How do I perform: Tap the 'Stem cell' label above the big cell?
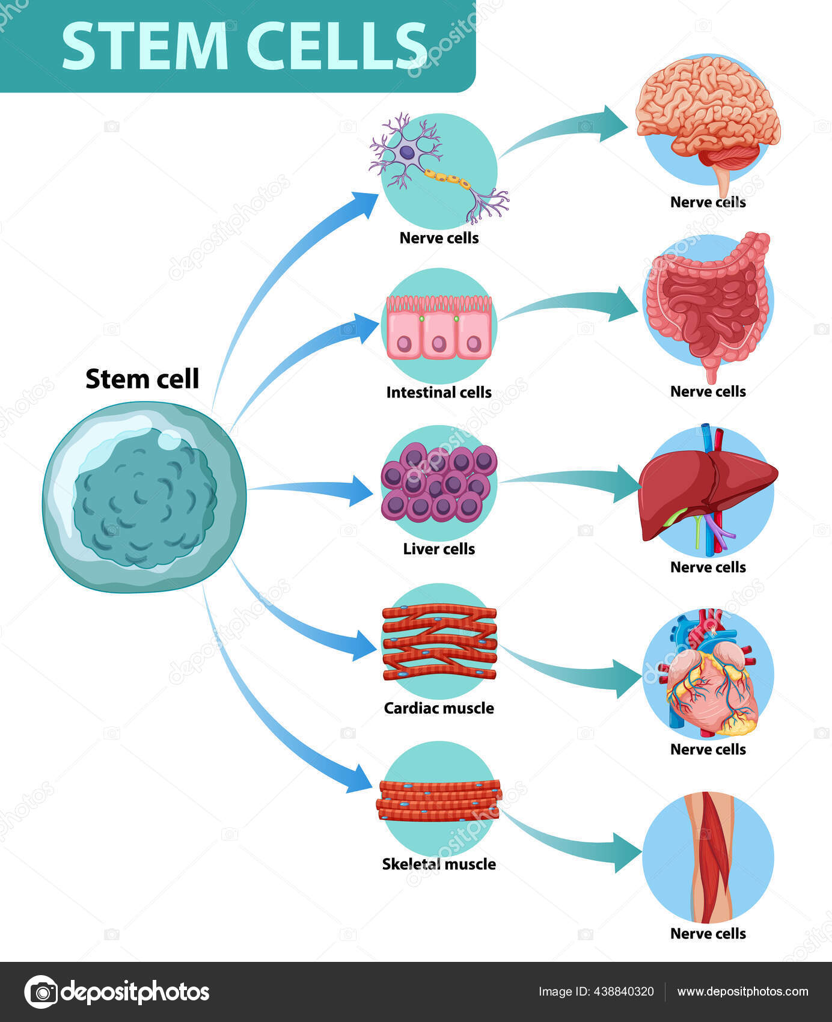[142, 379]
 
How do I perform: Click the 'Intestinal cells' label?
[439, 393]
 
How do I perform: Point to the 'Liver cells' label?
[439, 549]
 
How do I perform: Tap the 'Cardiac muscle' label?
[439, 708]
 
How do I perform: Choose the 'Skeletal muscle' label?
[439, 864]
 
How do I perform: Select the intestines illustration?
[708, 304]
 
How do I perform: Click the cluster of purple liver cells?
[439, 482]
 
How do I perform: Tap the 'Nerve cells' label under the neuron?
[439, 238]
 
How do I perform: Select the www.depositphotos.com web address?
[742, 992]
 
